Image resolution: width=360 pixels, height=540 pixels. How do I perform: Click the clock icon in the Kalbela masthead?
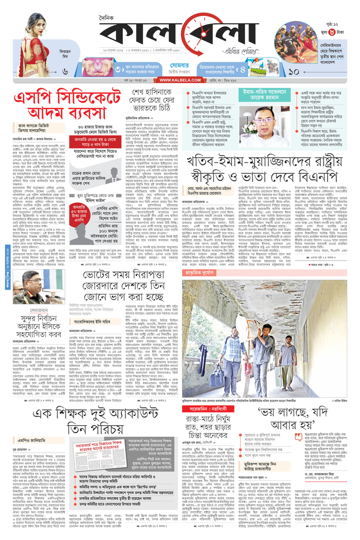point(198,35)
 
